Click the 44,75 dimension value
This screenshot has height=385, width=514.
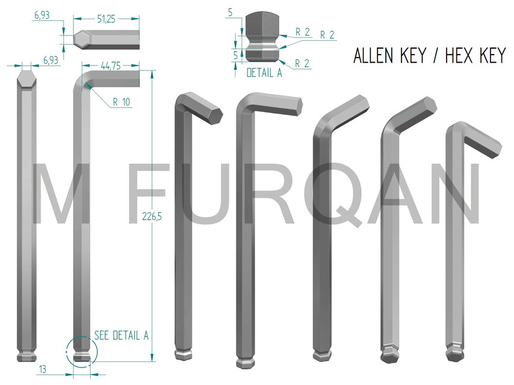(x=110, y=67)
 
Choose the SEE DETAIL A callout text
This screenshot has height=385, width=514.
(x=121, y=336)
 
